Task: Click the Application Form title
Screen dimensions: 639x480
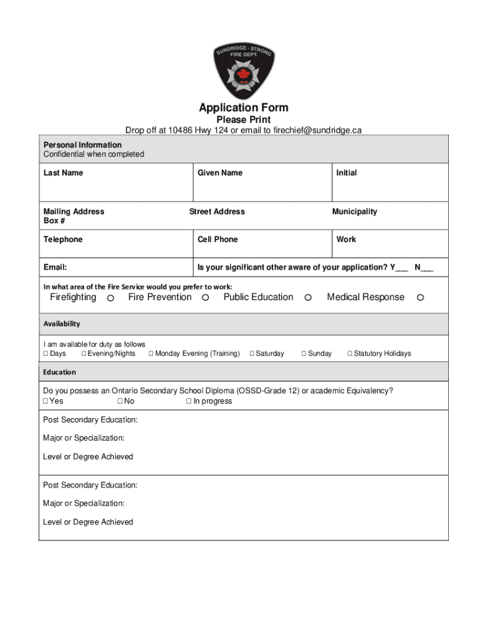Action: (243, 107)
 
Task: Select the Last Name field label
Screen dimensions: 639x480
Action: (63, 173)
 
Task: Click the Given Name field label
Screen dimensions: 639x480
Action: (220, 173)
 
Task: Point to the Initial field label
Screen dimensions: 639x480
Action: (347, 173)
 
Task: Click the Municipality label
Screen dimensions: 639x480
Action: (354, 212)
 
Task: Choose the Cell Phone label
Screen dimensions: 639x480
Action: (218, 240)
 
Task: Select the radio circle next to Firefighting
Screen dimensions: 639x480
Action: (110, 298)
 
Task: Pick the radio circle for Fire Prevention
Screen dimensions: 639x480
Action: (205, 298)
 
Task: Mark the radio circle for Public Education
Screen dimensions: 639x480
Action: (307, 298)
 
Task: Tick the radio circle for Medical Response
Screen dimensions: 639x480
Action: (420, 298)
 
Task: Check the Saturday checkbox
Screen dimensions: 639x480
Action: (252, 354)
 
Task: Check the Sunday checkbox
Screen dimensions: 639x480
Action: (304, 354)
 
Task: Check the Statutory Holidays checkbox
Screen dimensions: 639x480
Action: (350, 354)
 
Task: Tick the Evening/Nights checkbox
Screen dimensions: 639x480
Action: (84, 354)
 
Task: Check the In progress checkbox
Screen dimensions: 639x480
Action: (189, 401)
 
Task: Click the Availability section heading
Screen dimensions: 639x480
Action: (62, 324)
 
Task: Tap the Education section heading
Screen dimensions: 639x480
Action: (59, 372)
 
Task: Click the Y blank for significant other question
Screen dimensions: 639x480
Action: (401, 268)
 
